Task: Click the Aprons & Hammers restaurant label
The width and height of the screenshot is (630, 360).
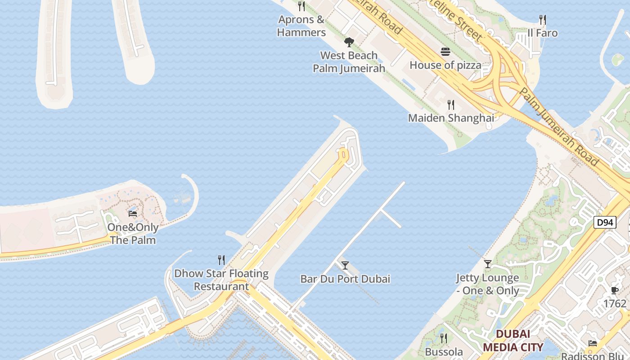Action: [301, 26]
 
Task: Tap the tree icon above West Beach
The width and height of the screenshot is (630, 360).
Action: [349, 42]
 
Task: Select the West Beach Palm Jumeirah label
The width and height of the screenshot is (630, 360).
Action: [349, 62]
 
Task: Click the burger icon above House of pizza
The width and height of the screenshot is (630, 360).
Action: [445, 52]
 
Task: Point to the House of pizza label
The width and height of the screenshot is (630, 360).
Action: [445, 65]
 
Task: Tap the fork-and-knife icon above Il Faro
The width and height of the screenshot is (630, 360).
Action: [543, 20]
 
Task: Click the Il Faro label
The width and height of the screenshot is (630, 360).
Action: [543, 33]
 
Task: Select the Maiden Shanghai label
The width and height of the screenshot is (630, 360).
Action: [451, 118]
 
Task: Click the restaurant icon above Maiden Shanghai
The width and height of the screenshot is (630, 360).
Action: [451, 105]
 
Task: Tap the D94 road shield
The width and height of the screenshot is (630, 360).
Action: [604, 222]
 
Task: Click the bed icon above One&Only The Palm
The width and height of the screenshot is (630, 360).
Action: [133, 214]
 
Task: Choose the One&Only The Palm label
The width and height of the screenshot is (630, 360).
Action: [133, 234]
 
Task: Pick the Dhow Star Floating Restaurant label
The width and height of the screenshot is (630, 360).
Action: [221, 280]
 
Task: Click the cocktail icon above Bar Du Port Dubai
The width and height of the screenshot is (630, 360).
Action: [345, 265]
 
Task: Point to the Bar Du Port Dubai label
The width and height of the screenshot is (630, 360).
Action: [345, 279]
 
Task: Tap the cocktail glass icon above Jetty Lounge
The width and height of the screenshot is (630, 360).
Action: [488, 264]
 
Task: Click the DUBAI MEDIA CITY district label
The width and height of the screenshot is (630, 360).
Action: [513, 341]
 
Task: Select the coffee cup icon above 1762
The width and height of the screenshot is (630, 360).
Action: [615, 291]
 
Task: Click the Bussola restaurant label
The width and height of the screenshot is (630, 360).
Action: [444, 352]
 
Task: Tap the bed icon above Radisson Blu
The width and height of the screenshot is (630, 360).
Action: [593, 343]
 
